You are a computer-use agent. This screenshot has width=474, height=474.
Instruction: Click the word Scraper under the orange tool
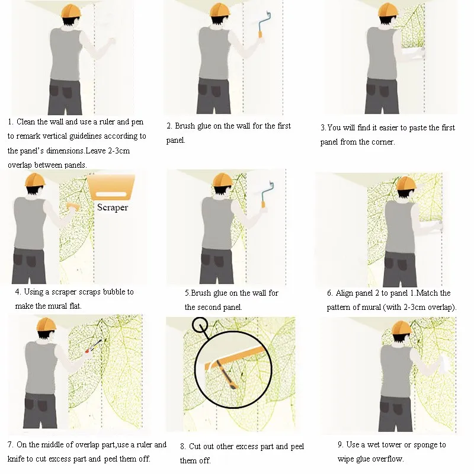point(113,207)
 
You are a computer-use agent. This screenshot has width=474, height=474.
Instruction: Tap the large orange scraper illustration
point(111,187)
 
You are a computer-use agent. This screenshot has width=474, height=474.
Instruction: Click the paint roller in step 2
point(264,24)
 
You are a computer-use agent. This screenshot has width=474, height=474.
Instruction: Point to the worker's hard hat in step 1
point(71,11)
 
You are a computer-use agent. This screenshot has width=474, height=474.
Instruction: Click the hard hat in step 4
point(35,180)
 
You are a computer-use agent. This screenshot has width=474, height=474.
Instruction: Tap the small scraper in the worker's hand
point(73,206)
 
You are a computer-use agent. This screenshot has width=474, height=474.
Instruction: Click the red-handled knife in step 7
point(93,346)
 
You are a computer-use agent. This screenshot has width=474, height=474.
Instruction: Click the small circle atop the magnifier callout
point(200,325)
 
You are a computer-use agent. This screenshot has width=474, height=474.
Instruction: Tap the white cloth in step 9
point(444,364)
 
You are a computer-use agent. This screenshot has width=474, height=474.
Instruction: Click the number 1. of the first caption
point(11,122)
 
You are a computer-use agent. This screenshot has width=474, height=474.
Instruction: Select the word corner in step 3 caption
point(384,142)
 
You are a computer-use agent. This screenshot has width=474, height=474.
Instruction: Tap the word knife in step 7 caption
point(16,459)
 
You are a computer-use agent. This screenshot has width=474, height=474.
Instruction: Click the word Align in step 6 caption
point(344,293)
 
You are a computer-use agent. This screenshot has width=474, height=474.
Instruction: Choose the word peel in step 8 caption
point(297,447)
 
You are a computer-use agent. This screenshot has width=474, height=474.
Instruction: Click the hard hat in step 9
point(402,328)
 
